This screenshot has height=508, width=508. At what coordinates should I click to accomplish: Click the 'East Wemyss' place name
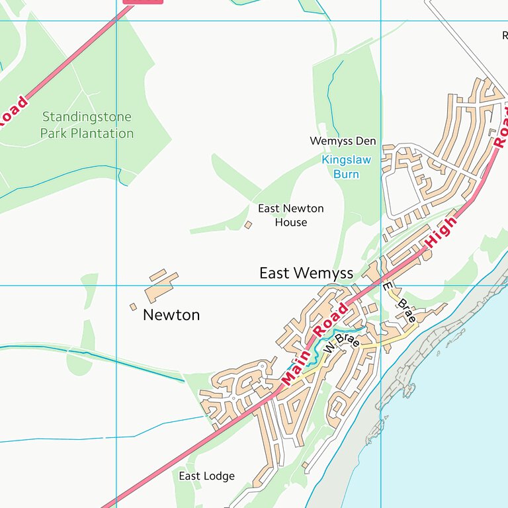[x=306, y=273]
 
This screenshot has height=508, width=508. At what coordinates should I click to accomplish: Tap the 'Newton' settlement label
[x=171, y=315]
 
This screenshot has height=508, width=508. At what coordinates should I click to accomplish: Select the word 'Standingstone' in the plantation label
[x=87, y=117]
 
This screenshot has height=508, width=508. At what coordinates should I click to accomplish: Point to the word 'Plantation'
[x=103, y=133]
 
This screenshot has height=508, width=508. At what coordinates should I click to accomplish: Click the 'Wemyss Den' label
[x=343, y=141]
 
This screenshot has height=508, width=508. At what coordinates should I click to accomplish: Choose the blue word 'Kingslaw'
[x=346, y=159]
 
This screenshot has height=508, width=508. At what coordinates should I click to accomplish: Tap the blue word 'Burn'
[x=346, y=174]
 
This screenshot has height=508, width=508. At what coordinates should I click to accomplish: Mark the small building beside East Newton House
[x=248, y=225]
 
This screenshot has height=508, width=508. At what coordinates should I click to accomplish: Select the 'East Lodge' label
[x=206, y=476]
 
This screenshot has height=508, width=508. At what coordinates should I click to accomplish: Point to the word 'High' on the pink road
[x=441, y=232]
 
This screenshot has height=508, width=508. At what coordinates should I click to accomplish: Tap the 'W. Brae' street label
[x=342, y=343]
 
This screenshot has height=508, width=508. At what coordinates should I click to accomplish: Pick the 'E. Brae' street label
[x=400, y=302]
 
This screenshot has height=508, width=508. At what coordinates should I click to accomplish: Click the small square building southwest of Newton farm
[x=133, y=307]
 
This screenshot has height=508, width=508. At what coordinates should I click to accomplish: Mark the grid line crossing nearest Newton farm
[x=116, y=286]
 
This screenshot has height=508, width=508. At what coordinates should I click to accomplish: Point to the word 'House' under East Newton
[x=291, y=222]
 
